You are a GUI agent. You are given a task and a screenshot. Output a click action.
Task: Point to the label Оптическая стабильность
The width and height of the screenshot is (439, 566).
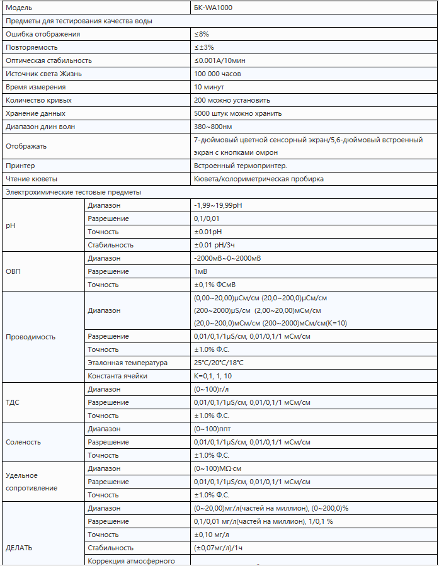(48, 60)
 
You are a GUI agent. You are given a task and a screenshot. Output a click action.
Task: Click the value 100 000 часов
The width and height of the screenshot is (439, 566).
(217, 74)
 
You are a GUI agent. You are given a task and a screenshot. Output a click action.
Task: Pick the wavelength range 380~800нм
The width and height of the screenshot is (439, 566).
(214, 127)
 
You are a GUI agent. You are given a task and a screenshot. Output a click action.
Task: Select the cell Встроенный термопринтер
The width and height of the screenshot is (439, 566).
(241, 166)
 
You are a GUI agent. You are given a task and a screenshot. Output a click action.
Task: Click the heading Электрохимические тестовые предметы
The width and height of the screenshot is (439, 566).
(73, 192)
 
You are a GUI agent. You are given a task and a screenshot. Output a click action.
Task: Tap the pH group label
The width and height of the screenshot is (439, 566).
(10, 225)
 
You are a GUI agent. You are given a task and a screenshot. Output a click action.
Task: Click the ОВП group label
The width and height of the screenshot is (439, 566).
(14, 271)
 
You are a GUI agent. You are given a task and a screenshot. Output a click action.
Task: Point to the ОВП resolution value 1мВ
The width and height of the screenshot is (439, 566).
(201, 271)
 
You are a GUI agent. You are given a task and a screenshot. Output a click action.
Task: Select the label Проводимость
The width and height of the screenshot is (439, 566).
(30, 337)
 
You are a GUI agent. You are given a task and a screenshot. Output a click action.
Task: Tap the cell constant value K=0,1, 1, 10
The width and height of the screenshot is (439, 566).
(213, 376)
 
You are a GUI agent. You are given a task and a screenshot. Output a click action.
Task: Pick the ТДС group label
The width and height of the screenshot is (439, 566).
(14, 402)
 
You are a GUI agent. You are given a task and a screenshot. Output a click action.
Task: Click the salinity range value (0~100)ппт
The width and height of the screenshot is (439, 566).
(213, 429)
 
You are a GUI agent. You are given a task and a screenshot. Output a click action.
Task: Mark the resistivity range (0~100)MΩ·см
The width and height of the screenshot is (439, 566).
(218, 468)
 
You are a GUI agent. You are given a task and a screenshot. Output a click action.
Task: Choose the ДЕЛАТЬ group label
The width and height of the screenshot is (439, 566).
(19, 548)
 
